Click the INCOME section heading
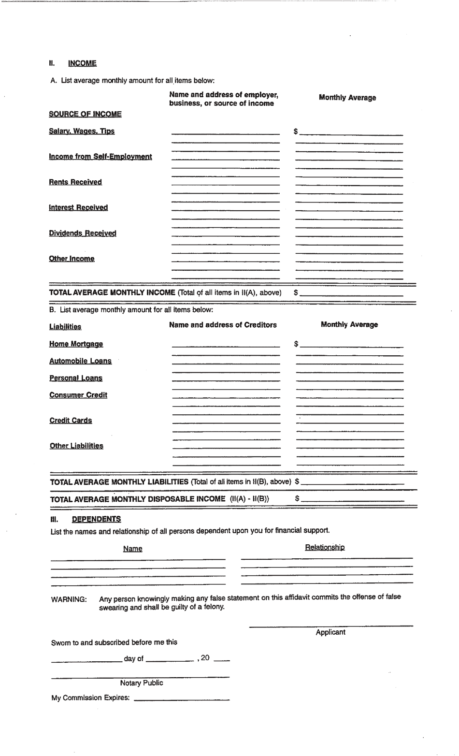(x=82, y=63)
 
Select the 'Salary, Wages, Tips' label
(x=82, y=131)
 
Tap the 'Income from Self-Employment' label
(x=100, y=157)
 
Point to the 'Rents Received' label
(x=75, y=182)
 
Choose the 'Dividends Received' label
(x=83, y=233)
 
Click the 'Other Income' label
(x=72, y=259)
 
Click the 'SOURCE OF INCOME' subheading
(x=85, y=114)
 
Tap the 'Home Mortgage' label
(x=76, y=344)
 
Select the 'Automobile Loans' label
(x=80, y=361)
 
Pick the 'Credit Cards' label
(x=71, y=421)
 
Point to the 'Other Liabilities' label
(x=76, y=446)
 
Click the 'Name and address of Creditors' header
(x=223, y=325)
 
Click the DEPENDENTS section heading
(x=96, y=519)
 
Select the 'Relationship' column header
(x=325, y=547)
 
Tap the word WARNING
(x=69, y=599)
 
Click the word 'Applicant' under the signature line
(x=330, y=632)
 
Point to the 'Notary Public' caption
(x=142, y=683)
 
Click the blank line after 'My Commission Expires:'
(x=182, y=699)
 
